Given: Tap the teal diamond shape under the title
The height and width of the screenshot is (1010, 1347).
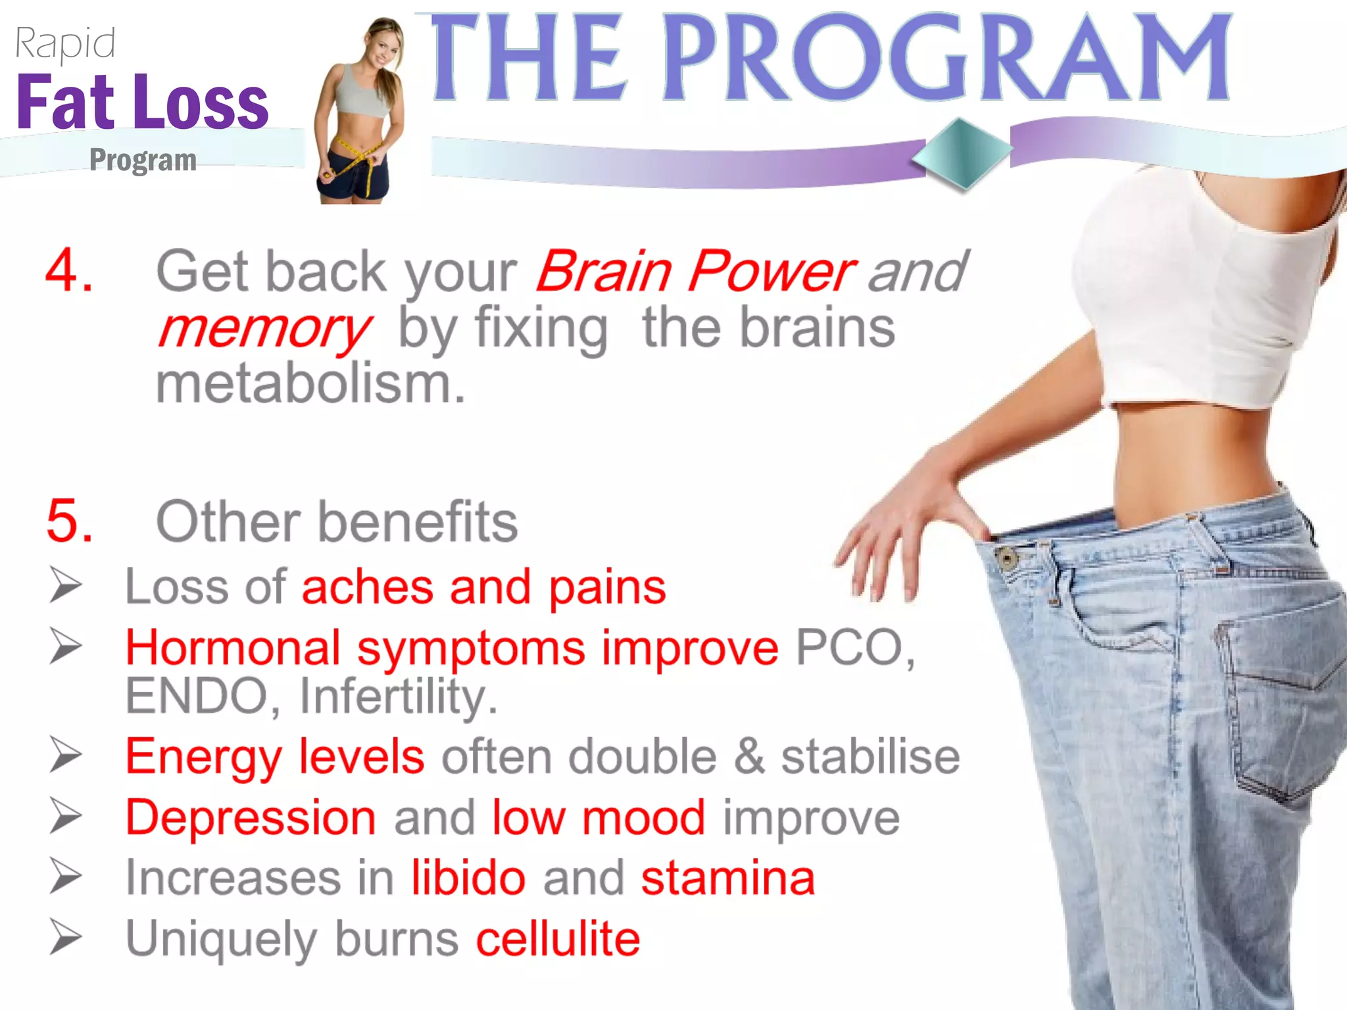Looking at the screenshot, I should (962, 153).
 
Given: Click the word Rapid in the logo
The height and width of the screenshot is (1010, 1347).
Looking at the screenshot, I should (64, 44).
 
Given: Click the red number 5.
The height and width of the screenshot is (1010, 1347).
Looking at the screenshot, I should (68, 521).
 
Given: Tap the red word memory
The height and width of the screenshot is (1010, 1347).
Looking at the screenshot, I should (264, 329).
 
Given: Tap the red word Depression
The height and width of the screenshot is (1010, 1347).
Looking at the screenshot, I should (251, 817).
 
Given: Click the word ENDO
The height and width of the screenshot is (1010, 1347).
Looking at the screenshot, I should (196, 696).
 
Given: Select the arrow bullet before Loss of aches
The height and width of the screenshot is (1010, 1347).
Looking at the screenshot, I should (66, 585).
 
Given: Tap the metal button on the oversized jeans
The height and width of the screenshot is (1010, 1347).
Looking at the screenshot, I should (1006, 559).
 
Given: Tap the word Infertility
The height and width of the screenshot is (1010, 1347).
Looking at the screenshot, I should (397, 696).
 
